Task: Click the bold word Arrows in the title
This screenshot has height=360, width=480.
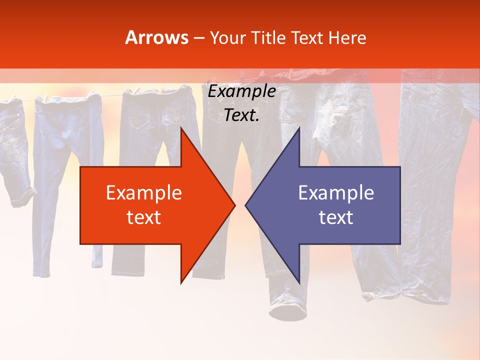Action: pos(157,37)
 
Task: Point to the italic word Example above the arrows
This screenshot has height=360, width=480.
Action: pos(241,91)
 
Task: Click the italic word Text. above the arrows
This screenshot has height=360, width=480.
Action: pos(241,115)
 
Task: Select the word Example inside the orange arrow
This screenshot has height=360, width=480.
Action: pos(143,193)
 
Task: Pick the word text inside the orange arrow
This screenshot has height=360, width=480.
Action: pos(143,217)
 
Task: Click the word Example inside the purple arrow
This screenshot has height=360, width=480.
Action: pos(336,193)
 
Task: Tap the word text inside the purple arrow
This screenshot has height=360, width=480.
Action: pos(336,217)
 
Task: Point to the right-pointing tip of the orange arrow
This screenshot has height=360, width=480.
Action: pos(235,205)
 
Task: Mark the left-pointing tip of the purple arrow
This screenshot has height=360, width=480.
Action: pos(245,205)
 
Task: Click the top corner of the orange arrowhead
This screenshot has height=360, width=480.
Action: pos(181,128)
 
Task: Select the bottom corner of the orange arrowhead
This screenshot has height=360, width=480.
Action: pos(181,283)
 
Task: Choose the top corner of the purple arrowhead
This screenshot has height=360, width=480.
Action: pos(299,128)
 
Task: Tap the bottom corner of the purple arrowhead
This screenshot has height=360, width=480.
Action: pos(299,283)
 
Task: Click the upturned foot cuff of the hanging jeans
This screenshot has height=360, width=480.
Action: pos(289,310)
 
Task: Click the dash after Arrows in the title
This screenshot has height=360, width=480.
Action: pos(198,38)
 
